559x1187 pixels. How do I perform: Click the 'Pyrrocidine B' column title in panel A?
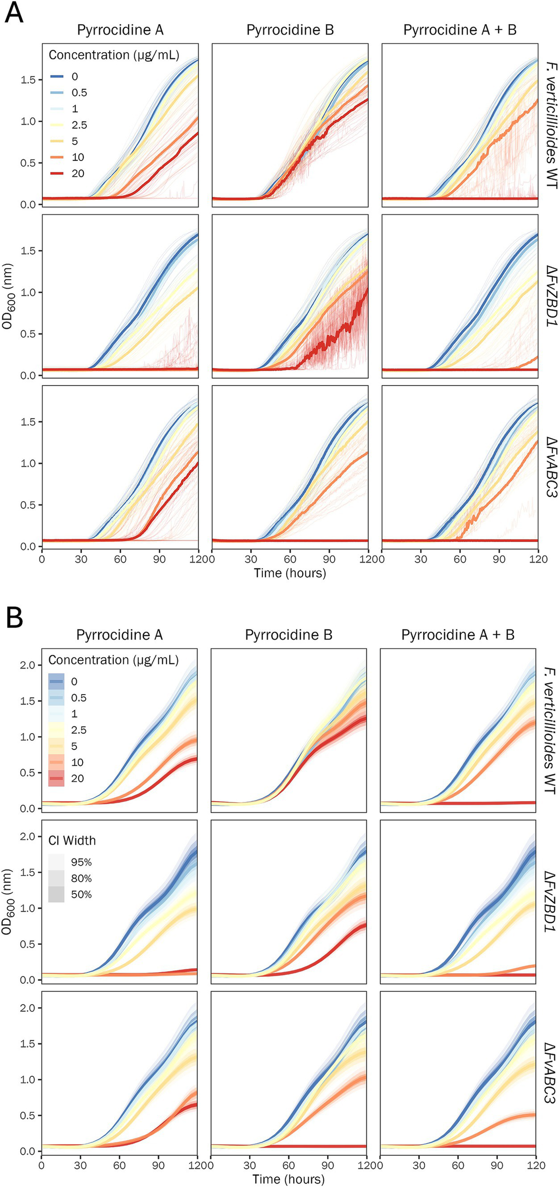pos(290,30)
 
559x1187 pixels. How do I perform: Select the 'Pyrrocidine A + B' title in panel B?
pos(457,635)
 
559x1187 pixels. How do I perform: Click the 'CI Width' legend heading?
pos(72,841)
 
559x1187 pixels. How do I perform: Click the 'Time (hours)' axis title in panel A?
pos(290,573)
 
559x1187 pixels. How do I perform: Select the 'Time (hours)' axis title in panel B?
pos(289,1178)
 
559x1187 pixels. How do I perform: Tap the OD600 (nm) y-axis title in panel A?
pos(8,297)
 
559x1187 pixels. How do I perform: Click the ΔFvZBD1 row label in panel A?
pos(551,297)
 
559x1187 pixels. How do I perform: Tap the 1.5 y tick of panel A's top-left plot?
pos(28,80)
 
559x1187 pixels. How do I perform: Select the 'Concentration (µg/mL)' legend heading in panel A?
pos(114,55)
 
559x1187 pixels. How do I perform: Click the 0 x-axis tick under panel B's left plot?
pos(41,1165)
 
